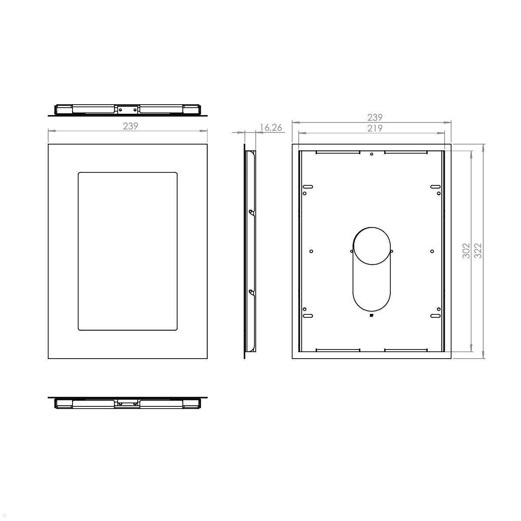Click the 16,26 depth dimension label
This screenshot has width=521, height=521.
pyautogui.click(x=270, y=127)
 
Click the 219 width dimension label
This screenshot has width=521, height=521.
pyautogui.click(x=375, y=128)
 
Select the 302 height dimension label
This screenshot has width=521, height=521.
pyautogui.click(x=466, y=251)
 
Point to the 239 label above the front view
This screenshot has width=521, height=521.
pyautogui.click(x=130, y=126)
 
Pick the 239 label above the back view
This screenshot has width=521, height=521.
pyautogui.click(x=375, y=117)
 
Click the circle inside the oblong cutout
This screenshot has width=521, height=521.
pyautogui.click(x=372, y=245)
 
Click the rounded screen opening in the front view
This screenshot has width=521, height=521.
pyautogui.click(x=128, y=251)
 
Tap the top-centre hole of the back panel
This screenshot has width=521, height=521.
pyautogui.click(x=371, y=154)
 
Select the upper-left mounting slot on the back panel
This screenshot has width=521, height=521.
pyautogui.click(x=307, y=187)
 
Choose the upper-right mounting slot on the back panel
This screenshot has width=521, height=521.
pyautogui.click(x=435, y=187)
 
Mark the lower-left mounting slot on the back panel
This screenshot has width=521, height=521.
pyautogui.click(x=307, y=316)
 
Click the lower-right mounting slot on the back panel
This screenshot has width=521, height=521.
pyautogui.click(x=435, y=316)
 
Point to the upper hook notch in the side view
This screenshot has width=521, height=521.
pyautogui.click(x=251, y=212)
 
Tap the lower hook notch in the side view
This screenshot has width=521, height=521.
pyautogui.click(x=251, y=292)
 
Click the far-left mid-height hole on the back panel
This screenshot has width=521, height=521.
pyautogui.click(x=311, y=251)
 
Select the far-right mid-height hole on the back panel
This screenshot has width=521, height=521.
pyautogui.click(x=432, y=251)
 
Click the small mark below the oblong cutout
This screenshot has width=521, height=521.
pyautogui.click(x=372, y=316)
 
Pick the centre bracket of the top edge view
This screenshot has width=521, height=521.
pyautogui.click(x=127, y=110)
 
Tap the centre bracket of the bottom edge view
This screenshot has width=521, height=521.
pyautogui.click(x=127, y=404)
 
